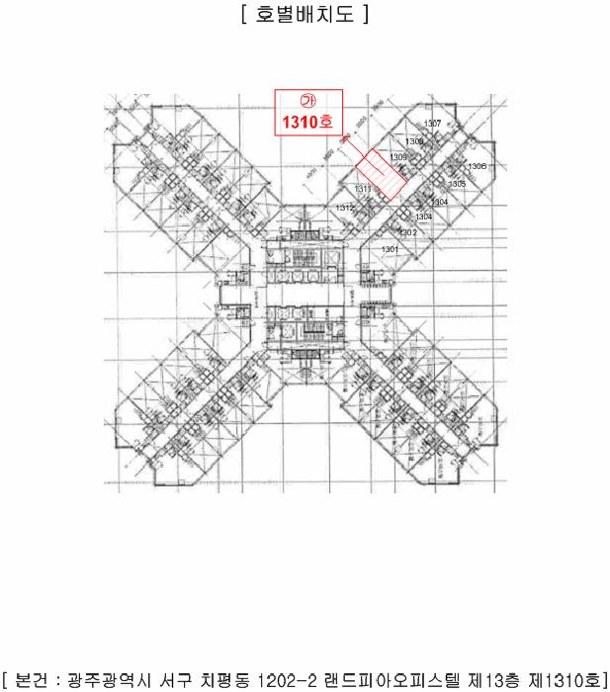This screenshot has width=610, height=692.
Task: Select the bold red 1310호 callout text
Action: (307, 125)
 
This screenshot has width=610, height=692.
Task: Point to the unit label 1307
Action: (432, 124)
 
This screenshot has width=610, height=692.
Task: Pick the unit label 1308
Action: (414, 142)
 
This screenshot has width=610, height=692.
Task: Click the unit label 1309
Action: (398, 157)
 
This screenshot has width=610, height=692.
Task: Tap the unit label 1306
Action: (477, 166)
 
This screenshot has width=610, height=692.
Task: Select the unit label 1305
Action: (457, 184)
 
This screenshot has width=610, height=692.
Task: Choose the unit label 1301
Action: (391, 249)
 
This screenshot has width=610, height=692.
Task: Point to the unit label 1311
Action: (362, 189)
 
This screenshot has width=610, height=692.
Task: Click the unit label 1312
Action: (344, 208)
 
